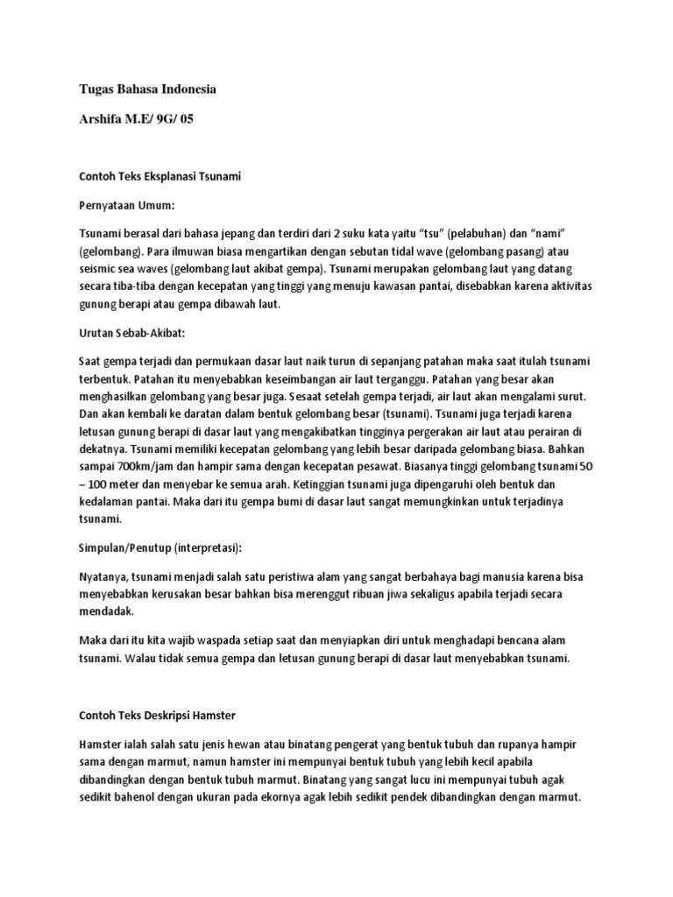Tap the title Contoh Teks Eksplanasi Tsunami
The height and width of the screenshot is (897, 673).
pos(159,176)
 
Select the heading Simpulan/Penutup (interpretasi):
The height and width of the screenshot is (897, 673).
pos(159,547)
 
